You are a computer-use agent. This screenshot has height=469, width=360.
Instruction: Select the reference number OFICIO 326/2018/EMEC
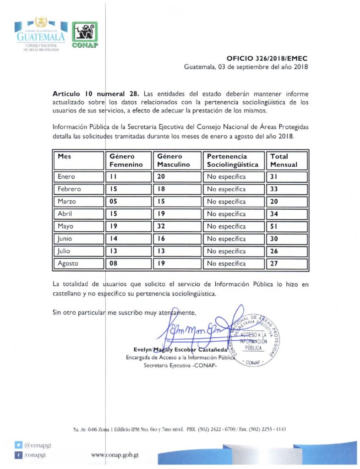(x=267, y=59)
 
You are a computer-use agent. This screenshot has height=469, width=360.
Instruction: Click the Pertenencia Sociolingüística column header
(x=233, y=160)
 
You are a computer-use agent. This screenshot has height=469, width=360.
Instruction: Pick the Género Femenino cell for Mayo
(x=128, y=226)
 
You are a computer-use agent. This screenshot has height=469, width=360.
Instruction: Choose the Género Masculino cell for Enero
(x=177, y=177)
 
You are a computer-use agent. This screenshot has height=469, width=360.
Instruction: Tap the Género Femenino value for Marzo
(x=128, y=202)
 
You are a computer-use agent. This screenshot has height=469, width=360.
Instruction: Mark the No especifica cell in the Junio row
(x=233, y=239)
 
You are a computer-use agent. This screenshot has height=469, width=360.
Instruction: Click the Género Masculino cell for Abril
(x=177, y=214)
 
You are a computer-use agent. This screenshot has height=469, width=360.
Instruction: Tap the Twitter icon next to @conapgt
(x=18, y=445)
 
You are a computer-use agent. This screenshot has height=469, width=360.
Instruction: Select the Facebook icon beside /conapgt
(x=18, y=455)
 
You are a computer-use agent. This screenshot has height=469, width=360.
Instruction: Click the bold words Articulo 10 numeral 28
(x=95, y=93)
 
